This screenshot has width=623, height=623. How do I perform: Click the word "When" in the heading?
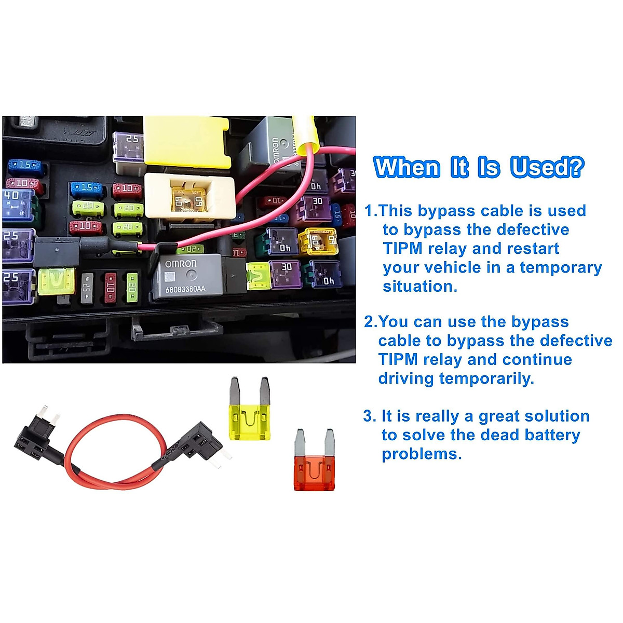(x=407, y=168)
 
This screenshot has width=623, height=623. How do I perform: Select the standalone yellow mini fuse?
(x=250, y=410)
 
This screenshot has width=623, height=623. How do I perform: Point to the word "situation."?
(x=420, y=287)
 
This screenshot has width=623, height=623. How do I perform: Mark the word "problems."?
(x=422, y=454)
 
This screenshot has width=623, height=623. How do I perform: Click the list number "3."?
(x=370, y=416)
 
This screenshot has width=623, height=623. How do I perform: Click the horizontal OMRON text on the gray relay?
(x=181, y=264)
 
